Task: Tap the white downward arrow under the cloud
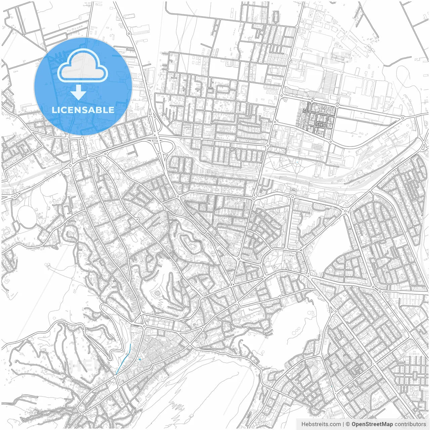click(79, 92)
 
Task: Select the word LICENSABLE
click(83, 110)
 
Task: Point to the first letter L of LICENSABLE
click(54, 110)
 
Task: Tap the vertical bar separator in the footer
click(343, 424)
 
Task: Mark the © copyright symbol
click(348, 424)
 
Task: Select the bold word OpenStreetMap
click(372, 424)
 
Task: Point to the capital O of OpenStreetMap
click(354, 424)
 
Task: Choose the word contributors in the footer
click(410, 424)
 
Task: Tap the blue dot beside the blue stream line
click(140, 359)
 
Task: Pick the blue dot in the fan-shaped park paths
click(297, 162)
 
